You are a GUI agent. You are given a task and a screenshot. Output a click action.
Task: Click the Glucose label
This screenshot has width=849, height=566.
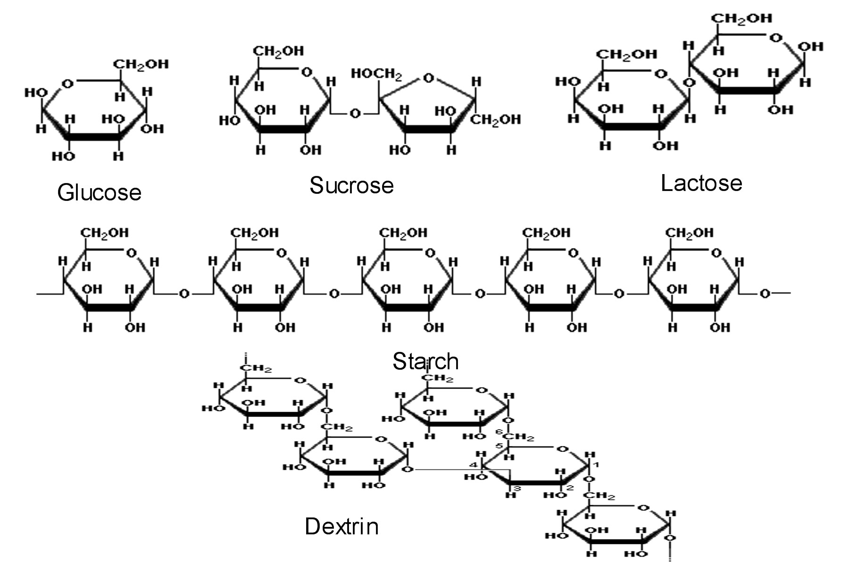click(x=99, y=193)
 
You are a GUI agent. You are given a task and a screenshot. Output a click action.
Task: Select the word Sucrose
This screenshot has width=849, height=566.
click(x=351, y=185)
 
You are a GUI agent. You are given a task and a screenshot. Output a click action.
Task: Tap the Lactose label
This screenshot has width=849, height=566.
click(x=701, y=183)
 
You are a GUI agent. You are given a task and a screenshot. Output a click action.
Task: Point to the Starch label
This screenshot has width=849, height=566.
click(x=425, y=361)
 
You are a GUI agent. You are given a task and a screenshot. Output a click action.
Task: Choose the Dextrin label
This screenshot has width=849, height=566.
click(x=341, y=526)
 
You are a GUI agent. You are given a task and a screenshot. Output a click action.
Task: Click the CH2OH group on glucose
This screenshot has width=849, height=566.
click(x=141, y=64)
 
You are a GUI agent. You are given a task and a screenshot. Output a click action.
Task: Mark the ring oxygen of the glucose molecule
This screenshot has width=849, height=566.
click(x=67, y=84)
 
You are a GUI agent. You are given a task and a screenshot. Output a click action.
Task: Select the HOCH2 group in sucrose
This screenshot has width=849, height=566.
click(x=376, y=74)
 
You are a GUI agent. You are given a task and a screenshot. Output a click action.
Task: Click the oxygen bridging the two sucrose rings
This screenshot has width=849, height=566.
click(x=355, y=114)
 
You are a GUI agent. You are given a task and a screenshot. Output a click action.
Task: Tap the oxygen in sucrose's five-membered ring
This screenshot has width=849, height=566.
click(x=428, y=78)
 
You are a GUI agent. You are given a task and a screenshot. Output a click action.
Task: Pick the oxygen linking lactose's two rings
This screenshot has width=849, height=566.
click(x=689, y=83)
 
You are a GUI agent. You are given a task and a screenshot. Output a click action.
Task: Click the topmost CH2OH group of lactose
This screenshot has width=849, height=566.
click(x=741, y=18)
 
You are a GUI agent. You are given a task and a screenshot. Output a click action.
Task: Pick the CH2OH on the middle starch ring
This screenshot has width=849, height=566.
click(x=403, y=233)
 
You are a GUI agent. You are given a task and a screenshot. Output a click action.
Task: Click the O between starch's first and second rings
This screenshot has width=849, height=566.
click(x=184, y=294)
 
